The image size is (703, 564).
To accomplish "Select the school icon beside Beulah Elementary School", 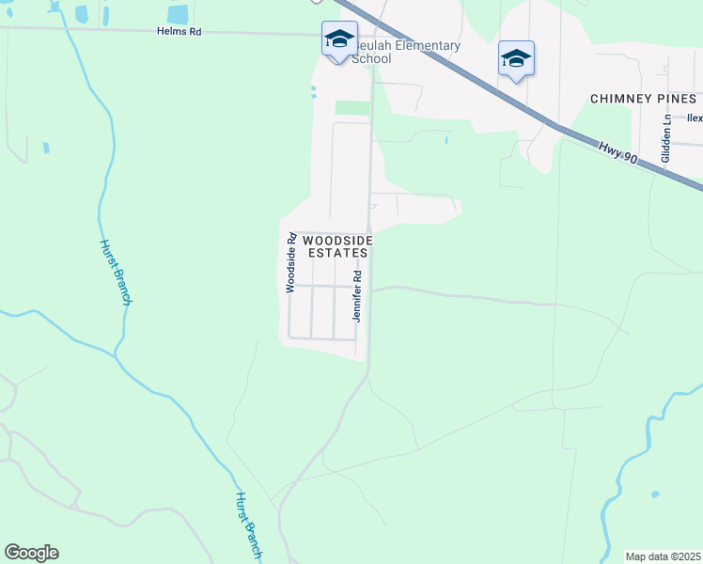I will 339,39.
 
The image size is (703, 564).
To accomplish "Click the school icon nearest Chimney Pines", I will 516,58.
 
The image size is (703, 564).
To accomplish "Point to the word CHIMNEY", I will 624,99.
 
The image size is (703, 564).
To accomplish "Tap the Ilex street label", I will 695,118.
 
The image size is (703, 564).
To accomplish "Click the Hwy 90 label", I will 617,151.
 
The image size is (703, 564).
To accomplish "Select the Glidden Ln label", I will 665,138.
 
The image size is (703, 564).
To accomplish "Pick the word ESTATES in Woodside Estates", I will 336,253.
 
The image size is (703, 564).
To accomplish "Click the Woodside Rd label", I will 291,262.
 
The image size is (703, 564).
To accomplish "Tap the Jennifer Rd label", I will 357,296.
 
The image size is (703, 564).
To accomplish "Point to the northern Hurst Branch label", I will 116,271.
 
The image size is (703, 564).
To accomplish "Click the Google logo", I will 31,553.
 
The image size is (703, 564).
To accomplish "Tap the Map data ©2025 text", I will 664,556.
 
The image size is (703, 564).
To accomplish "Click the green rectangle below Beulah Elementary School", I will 352,108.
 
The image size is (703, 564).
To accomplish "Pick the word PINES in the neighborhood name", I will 677,99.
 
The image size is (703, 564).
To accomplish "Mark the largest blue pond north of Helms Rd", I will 177,13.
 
